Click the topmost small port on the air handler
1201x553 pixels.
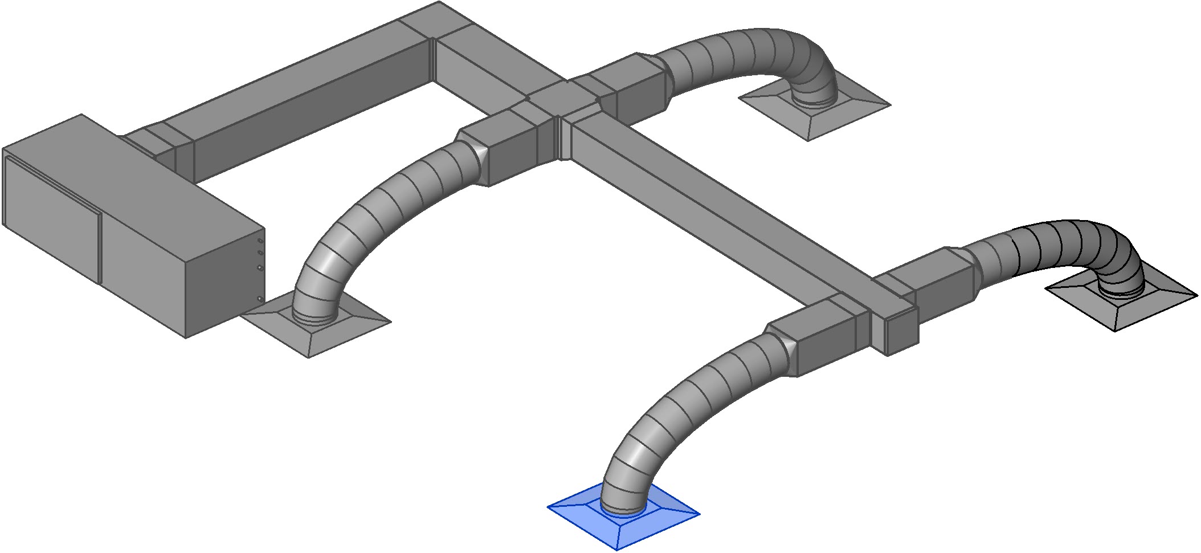261,242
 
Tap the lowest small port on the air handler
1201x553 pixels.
260,298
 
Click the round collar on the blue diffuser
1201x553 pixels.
623,510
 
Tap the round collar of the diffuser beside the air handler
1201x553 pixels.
313,317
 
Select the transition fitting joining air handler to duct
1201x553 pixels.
157,143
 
